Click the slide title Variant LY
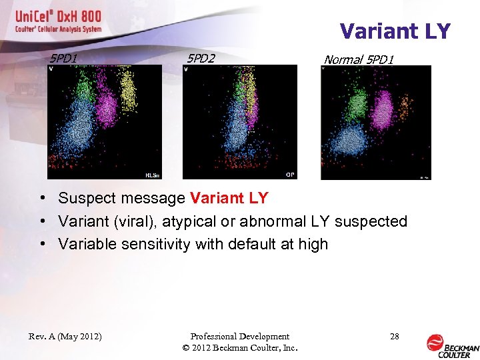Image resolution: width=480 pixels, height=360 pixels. [x=395, y=31]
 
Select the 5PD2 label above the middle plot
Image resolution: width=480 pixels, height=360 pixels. [x=201, y=59]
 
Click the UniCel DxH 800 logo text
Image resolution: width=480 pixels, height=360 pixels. [x=59, y=18]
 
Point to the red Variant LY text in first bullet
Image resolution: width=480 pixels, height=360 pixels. [x=229, y=198]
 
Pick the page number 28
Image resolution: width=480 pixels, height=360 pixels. [x=394, y=337]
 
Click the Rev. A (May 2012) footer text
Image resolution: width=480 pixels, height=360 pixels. [x=65, y=337]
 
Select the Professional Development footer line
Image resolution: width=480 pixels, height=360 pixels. [x=239, y=337]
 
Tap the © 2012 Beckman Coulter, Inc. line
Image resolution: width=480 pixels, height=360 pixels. [x=239, y=348]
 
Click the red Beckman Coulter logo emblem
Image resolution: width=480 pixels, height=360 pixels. [x=435, y=342]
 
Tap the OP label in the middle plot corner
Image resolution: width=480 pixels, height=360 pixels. [x=290, y=175]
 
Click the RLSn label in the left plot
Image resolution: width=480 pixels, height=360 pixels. [x=152, y=175]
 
